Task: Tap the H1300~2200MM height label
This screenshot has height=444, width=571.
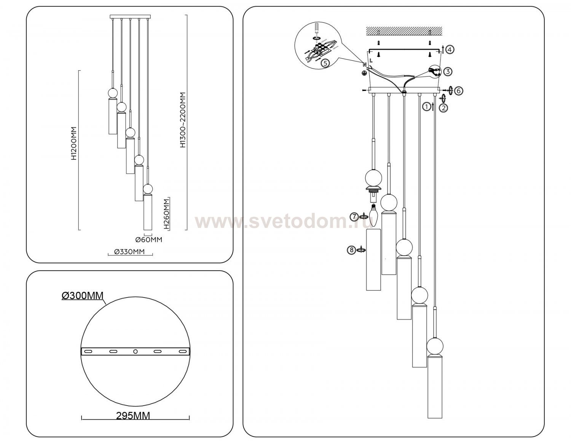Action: click(x=183, y=120)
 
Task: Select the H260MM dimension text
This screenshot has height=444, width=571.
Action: click(x=166, y=214)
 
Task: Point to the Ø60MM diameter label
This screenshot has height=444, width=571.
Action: click(x=149, y=239)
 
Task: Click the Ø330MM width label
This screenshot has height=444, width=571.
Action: click(x=129, y=251)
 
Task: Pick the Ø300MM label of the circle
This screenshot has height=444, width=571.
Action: click(x=83, y=296)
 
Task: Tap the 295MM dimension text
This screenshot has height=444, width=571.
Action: click(x=133, y=415)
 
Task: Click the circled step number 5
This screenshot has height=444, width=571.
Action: click(x=325, y=63)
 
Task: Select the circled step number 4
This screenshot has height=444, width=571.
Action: click(x=450, y=49)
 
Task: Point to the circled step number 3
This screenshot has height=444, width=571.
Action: click(x=448, y=72)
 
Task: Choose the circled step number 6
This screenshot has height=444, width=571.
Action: click(x=459, y=91)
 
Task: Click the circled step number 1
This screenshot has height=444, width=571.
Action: click(x=426, y=107)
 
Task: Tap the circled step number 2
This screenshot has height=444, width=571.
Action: click(x=443, y=108)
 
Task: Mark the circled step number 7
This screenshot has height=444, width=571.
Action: click(x=354, y=217)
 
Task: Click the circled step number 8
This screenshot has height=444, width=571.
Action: click(x=352, y=250)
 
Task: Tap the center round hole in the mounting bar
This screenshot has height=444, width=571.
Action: click(x=135, y=351)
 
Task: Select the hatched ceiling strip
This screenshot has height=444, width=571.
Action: click(x=404, y=31)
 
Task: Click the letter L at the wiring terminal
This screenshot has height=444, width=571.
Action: click(x=371, y=60)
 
